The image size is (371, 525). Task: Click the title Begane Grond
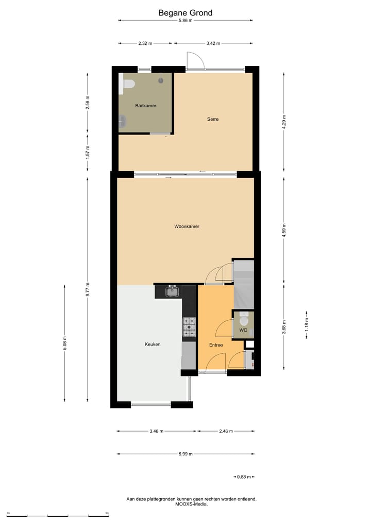[x=185, y=13]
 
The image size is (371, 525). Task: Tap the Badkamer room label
[x=146, y=106]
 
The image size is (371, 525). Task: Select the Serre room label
[x=213, y=119]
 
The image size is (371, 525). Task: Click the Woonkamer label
[x=187, y=226]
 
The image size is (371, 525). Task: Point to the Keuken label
[x=153, y=344]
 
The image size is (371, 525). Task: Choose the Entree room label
[x=216, y=345]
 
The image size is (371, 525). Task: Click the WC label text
[x=243, y=330]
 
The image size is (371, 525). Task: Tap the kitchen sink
[x=172, y=292]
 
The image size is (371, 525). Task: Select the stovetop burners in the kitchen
[x=190, y=327]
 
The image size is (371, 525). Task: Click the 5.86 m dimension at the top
[x=185, y=21]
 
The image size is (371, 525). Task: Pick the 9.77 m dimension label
[x=88, y=289]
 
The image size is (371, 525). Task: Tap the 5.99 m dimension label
[x=185, y=454]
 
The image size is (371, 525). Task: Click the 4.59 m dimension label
[x=283, y=229]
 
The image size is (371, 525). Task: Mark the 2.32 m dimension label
[x=145, y=43]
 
